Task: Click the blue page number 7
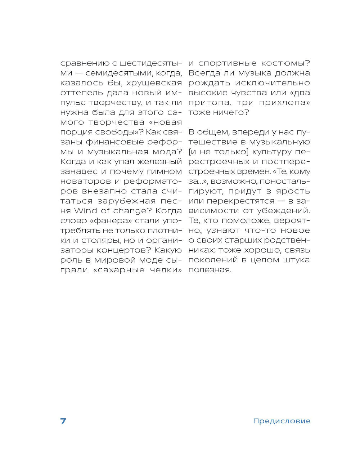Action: (x=63, y=421)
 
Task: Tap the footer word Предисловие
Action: (x=282, y=421)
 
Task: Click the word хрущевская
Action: (x=157, y=83)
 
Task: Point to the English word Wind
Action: (x=84, y=210)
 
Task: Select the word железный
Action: (x=161, y=161)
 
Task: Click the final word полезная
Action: (x=209, y=270)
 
